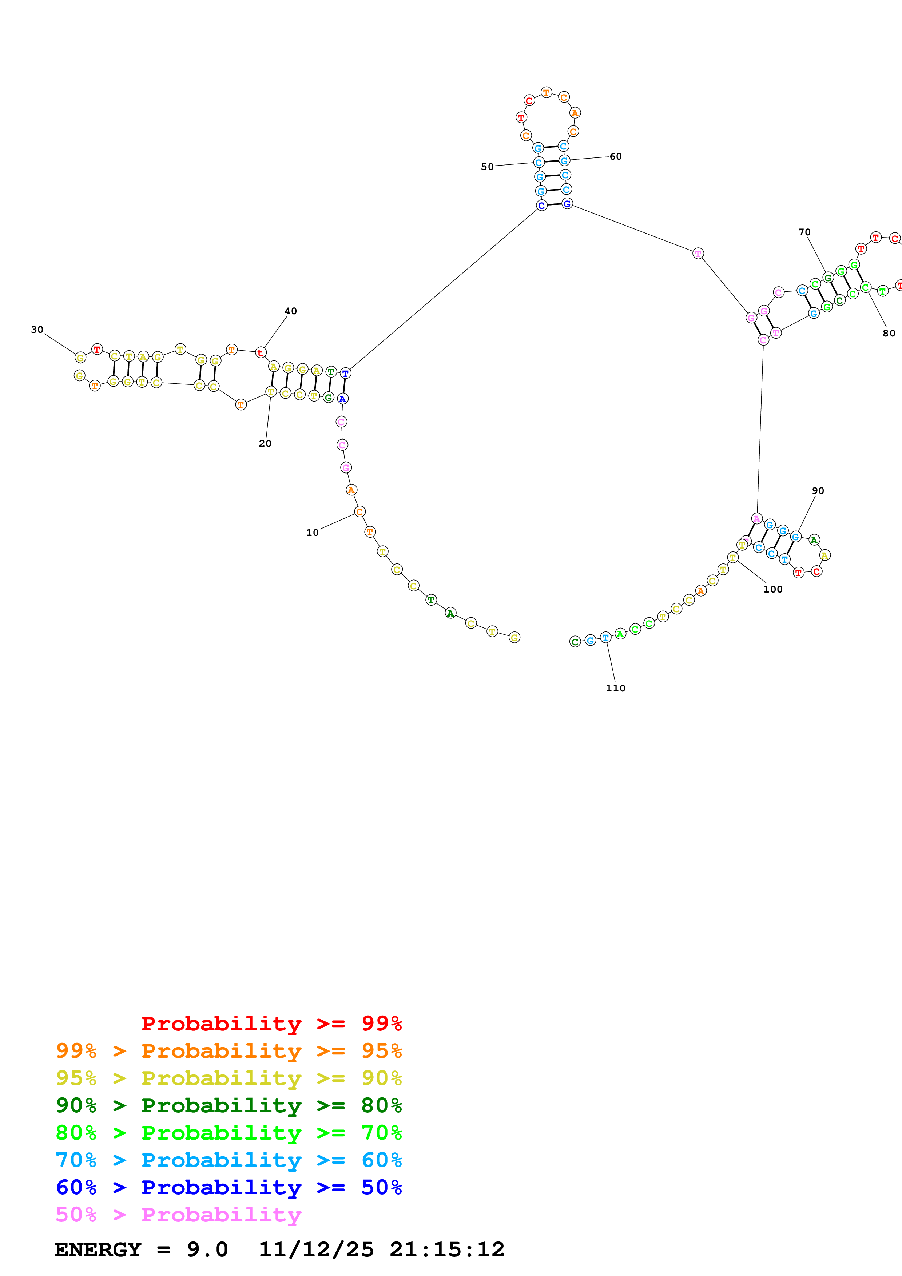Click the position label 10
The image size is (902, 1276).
312,533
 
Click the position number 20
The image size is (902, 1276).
265,443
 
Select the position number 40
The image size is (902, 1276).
291,311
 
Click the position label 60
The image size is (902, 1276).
616,157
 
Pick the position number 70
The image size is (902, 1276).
804,232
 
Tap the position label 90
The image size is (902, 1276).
818,491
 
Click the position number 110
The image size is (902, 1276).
616,688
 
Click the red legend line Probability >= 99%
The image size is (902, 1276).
271,1024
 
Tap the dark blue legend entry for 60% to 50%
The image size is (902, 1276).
229,1188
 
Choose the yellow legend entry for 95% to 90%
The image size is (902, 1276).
229,1078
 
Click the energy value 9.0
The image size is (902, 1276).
207,1250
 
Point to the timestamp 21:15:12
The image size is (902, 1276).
447,1250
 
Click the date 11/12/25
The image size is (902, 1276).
316,1250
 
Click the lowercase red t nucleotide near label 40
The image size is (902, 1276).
260,353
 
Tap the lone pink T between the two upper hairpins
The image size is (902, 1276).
698,254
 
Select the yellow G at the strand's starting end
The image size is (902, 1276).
514,637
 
